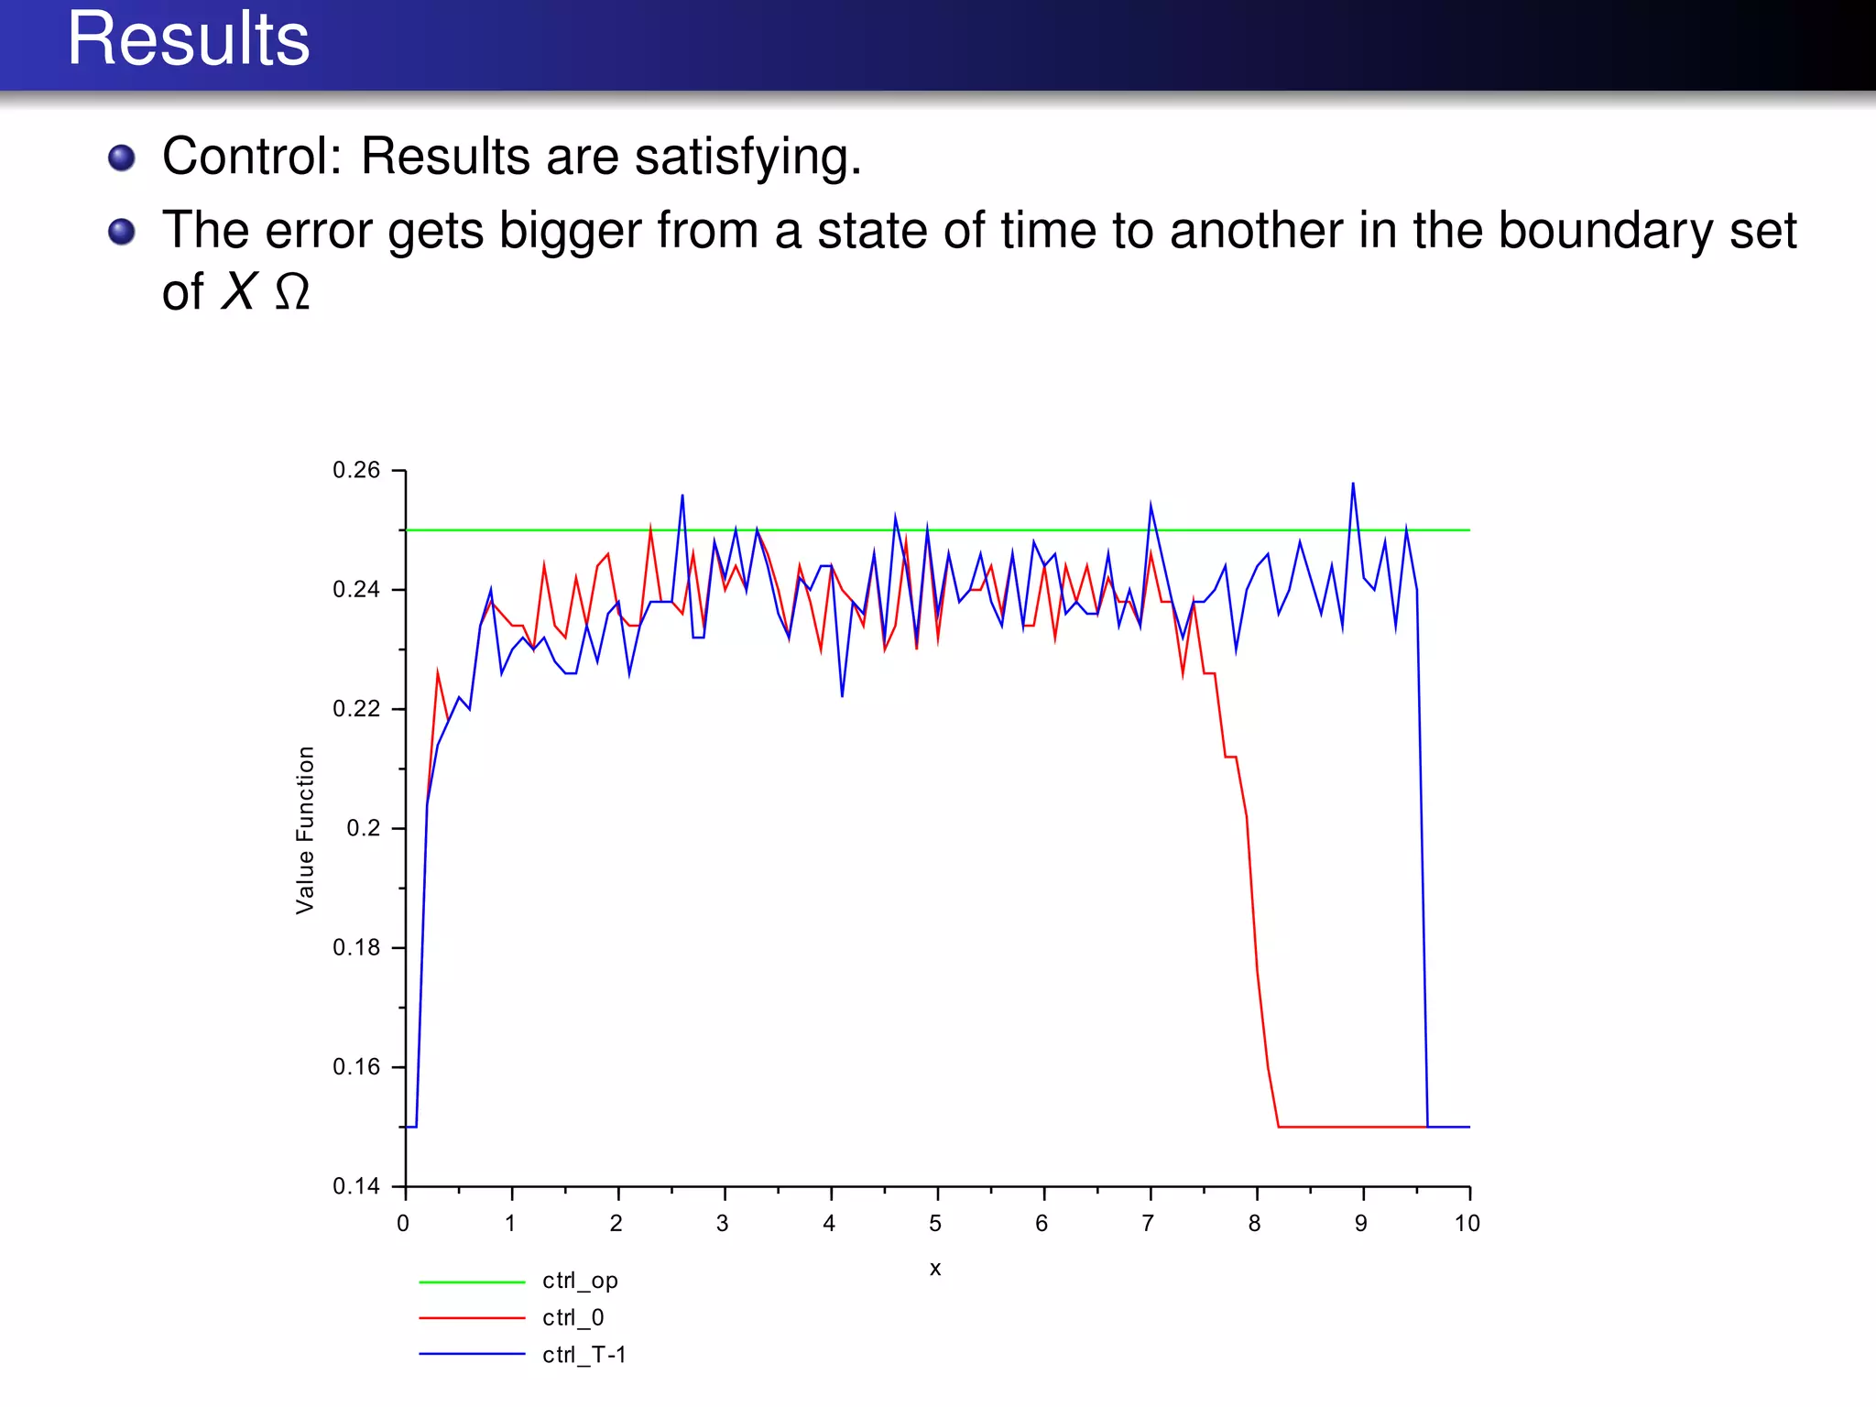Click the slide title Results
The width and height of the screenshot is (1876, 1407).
click(188, 40)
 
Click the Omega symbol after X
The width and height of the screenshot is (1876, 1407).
click(292, 293)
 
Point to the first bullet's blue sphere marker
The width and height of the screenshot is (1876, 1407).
click(122, 158)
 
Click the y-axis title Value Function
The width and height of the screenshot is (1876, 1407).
click(305, 830)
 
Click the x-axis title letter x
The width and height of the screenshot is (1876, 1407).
click(935, 1269)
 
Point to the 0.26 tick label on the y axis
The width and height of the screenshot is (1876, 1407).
click(355, 471)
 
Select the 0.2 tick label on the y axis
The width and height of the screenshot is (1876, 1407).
click(363, 829)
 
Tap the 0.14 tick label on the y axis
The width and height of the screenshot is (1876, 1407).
click(355, 1187)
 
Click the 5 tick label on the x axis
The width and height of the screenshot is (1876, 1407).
click(935, 1224)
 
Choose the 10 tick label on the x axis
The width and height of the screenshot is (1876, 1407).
click(1467, 1224)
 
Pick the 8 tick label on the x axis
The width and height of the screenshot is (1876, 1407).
click(1254, 1224)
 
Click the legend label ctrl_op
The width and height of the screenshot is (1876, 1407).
click(580, 1281)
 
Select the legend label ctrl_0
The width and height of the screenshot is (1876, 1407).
click(573, 1318)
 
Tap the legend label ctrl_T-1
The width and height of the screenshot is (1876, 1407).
click(584, 1355)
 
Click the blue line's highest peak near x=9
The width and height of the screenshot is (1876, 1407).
click(1353, 485)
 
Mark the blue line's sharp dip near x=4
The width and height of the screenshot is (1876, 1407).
click(842, 694)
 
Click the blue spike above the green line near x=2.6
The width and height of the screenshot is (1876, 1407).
click(682, 496)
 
